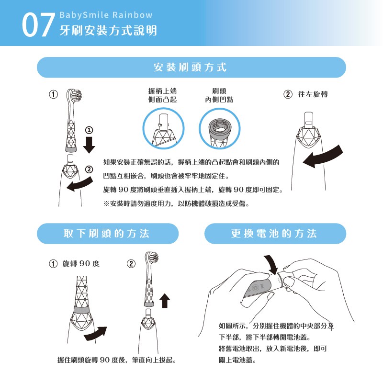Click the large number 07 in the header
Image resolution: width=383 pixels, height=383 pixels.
tap(38, 25)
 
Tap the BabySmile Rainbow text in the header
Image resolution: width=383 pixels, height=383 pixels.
tap(106, 15)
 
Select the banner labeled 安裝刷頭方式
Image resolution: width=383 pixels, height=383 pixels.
tap(191, 68)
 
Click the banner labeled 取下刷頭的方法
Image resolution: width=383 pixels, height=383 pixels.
tap(108, 234)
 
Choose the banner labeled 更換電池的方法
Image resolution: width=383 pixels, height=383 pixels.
tap(275, 234)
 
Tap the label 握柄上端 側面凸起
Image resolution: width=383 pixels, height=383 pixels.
tap(162, 95)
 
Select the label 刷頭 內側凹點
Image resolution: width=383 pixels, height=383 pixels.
tap(219, 95)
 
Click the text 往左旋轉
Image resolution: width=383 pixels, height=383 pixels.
tap(313, 94)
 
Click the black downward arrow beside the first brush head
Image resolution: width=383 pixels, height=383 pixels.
tap(89, 145)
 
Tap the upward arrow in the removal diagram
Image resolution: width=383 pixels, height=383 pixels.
tap(165, 300)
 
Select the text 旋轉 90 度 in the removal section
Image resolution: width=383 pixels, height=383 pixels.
tap(81, 264)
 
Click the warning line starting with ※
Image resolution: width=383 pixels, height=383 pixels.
tap(176, 203)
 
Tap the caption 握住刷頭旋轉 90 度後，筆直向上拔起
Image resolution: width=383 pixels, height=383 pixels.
tap(117, 360)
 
